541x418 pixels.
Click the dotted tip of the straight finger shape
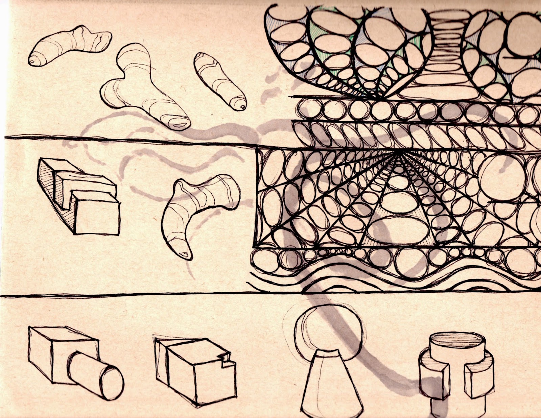pyautogui.click(x=242, y=106)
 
